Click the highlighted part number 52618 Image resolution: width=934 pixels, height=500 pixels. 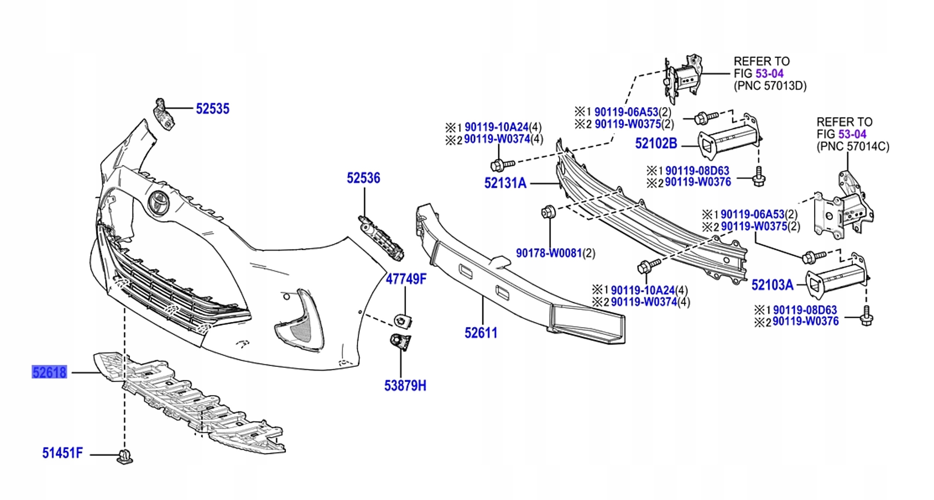pyautogui.click(x=49, y=372)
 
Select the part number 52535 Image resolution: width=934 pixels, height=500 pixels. pyautogui.click(x=213, y=109)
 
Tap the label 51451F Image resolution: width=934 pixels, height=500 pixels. pyautogui.click(x=62, y=453)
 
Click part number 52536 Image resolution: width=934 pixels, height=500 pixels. pyautogui.click(x=363, y=178)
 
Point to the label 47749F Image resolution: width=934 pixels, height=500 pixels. pyautogui.click(x=406, y=279)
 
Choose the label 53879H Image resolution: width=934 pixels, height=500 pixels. pyautogui.click(x=405, y=386)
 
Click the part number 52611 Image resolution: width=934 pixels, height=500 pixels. pyautogui.click(x=481, y=333)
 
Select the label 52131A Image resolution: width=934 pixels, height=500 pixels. pyautogui.click(x=505, y=183)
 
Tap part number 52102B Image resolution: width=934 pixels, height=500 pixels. pyautogui.click(x=656, y=143)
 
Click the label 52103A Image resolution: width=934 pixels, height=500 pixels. pyautogui.click(x=772, y=285)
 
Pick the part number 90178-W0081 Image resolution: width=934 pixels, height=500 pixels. pyautogui.click(x=549, y=254)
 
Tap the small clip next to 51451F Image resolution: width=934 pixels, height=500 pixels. pyautogui.click(x=125, y=456)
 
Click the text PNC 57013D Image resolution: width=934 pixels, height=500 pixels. pyautogui.click(x=770, y=86)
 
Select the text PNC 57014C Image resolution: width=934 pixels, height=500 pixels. pyautogui.click(x=853, y=147)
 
